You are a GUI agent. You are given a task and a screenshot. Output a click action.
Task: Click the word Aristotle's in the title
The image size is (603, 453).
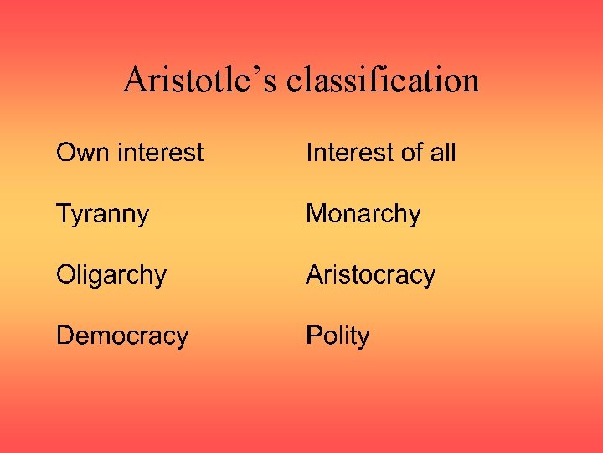pyautogui.click(x=200, y=81)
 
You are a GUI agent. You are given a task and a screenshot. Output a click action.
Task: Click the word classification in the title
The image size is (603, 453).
pyautogui.click(x=383, y=81)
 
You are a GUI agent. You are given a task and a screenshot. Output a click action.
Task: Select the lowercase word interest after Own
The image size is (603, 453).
pyautogui.click(x=161, y=153)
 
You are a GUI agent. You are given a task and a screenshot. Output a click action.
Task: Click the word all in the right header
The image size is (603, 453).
pyautogui.click(x=441, y=153)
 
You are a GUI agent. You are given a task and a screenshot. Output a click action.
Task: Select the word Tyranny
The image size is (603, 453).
pyautogui.click(x=102, y=215)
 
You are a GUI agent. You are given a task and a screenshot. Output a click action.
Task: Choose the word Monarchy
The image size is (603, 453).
pyautogui.click(x=363, y=214)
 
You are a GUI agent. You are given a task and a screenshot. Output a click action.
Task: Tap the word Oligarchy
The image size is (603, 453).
pyautogui.click(x=111, y=275)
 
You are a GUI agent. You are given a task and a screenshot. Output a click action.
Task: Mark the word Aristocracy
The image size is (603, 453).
pyautogui.click(x=370, y=275)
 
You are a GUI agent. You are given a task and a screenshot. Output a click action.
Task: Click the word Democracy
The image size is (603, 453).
pyautogui.click(x=122, y=336)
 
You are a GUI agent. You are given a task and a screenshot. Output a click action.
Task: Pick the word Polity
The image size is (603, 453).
pyautogui.click(x=338, y=336)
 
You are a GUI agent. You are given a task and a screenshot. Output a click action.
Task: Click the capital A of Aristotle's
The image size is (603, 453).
pyautogui.click(x=134, y=81)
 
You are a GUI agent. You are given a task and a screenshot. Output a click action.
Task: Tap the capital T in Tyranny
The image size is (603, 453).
pyautogui.click(x=64, y=213)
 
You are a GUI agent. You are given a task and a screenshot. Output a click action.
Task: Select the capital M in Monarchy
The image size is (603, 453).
pyautogui.click(x=317, y=213)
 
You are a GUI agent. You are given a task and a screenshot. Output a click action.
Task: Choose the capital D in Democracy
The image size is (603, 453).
pyautogui.click(x=65, y=336)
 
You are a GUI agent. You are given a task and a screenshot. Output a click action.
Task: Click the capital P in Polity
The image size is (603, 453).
pyautogui.click(x=314, y=336)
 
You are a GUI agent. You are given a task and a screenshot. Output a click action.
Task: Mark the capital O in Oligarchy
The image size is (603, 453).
pyautogui.click(x=66, y=274)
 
